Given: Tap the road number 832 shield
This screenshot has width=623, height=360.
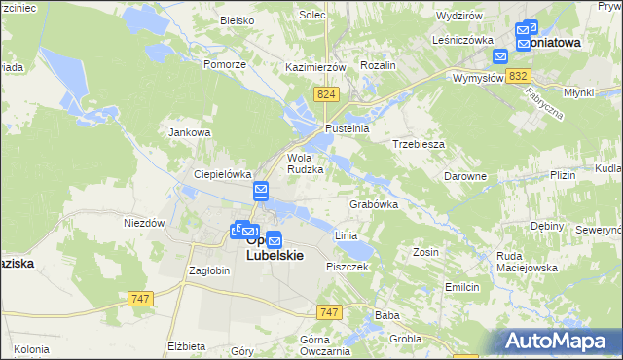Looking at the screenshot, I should click(519, 76).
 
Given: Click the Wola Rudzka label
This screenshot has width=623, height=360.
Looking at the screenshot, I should click(305, 162).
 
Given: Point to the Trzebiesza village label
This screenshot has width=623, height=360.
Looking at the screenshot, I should click(419, 143).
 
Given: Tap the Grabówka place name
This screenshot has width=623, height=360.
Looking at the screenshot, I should click(374, 205).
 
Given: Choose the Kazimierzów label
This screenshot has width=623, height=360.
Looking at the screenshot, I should click(316, 66).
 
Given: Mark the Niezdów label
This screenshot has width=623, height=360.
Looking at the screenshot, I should click(144, 222).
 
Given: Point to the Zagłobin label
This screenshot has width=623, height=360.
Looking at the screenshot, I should click(209, 270).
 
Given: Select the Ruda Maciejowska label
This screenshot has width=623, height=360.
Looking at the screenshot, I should click(526, 262).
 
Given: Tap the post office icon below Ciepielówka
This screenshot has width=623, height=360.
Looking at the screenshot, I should click(262, 190).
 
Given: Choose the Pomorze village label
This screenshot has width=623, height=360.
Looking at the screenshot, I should click(223, 63).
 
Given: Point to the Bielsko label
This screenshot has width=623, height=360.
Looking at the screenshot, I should click(237, 19).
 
